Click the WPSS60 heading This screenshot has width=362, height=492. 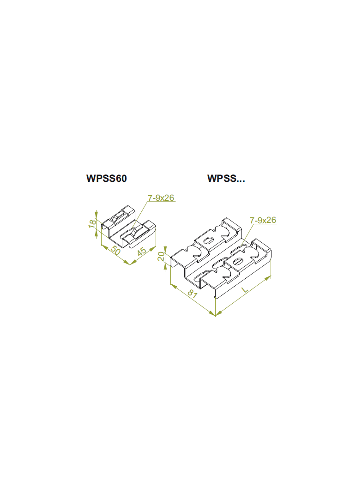pyautogui.click(x=107, y=178)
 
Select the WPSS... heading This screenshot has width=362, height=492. pyautogui.click(x=226, y=178)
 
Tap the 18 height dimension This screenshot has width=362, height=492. pyautogui.click(x=92, y=223)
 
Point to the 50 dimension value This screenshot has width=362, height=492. pyautogui.click(x=115, y=251)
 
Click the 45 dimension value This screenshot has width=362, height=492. pyautogui.click(x=142, y=252)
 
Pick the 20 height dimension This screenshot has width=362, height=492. pyautogui.click(x=161, y=256)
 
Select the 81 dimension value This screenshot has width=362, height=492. pyautogui.click(x=193, y=294)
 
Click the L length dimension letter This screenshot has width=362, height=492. pyautogui.click(x=245, y=289)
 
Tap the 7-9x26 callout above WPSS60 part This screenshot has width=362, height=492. pyautogui.click(x=161, y=198)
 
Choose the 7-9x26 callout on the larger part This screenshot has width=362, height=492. pyautogui.click(x=263, y=220)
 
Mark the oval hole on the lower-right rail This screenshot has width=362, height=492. pyautogui.click(x=238, y=261)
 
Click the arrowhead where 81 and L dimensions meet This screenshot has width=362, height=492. pyautogui.click(x=215, y=314)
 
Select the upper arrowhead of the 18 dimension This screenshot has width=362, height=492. pyautogui.click(x=97, y=214)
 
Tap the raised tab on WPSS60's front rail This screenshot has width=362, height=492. pyautogui.click(x=134, y=232)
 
